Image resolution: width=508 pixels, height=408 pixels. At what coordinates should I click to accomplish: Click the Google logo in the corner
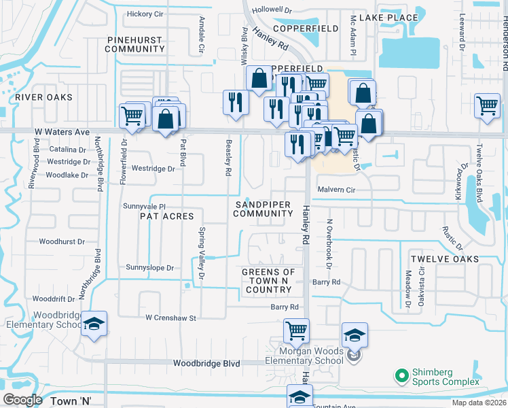pos(22,400)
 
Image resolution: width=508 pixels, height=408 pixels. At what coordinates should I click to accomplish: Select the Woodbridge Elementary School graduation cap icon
pos(94,322)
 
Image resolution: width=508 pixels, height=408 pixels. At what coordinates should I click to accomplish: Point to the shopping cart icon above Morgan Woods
pos(296,330)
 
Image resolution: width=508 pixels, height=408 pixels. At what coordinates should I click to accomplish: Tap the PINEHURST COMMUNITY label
pos(135,44)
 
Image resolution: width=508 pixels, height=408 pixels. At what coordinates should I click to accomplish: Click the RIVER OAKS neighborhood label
pos(43,97)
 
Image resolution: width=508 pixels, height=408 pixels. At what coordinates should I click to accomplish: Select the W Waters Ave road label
pos(63,132)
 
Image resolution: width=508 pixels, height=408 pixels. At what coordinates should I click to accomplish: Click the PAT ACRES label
pos(166,216)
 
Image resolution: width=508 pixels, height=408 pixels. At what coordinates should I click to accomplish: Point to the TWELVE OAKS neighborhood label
pos(444,259)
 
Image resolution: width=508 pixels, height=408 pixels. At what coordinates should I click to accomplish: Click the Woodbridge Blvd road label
pos(206,364)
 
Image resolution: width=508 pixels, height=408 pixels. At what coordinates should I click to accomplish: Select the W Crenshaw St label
pos(170,318)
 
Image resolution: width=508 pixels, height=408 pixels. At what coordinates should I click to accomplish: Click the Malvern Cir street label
pos(336,190)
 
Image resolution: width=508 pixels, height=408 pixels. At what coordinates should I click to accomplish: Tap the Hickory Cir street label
pos(145,14)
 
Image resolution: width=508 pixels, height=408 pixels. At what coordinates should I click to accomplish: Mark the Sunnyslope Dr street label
pos(150,268)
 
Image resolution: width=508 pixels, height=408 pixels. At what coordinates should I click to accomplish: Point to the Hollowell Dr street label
pos(271,10)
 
